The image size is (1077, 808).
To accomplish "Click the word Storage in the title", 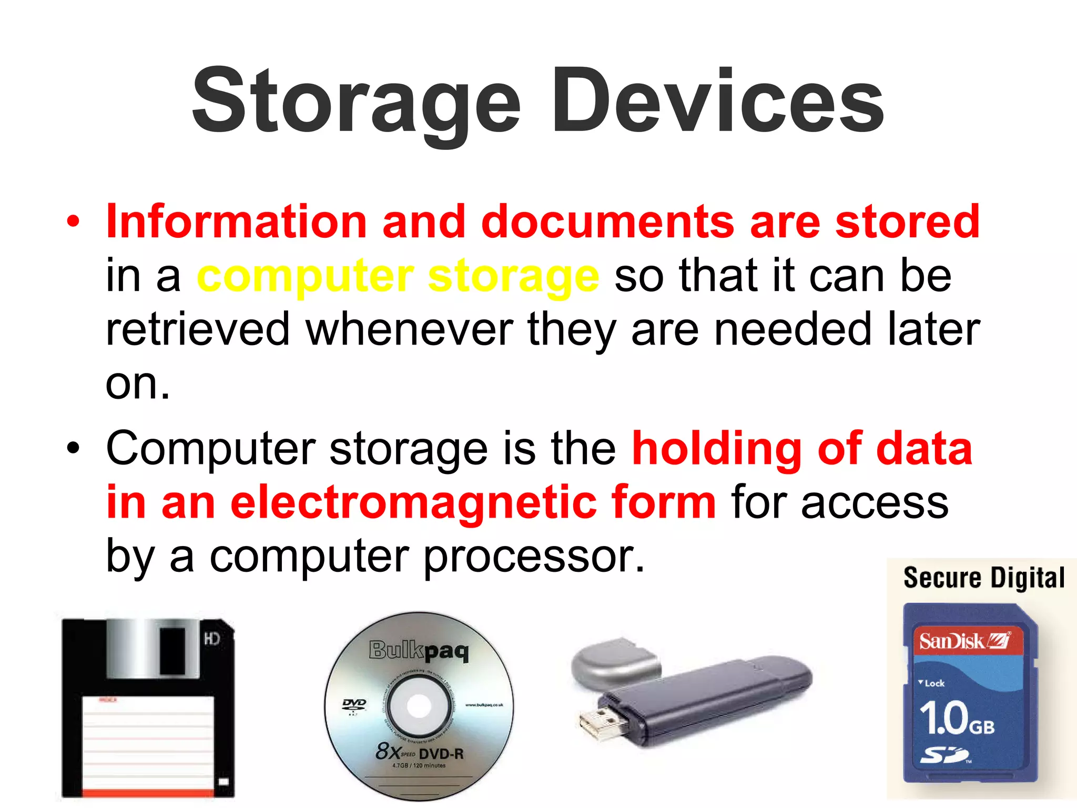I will point(357,103).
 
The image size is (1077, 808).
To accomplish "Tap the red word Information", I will point(236,221).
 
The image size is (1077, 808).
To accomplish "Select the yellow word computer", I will point(305,276).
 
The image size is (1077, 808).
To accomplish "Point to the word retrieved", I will point(198,329).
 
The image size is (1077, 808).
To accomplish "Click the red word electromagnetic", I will point(412,502).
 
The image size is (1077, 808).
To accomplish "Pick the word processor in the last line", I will point(533,557).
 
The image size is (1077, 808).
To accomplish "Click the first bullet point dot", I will point(73,221).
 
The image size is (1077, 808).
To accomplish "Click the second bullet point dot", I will point(73,449).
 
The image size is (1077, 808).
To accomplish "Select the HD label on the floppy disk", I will point(211,639).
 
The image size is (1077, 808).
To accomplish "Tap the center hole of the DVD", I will point(419,705).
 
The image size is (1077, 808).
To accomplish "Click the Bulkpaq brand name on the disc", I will point(419,651).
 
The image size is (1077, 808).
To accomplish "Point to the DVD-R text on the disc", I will point(442,754).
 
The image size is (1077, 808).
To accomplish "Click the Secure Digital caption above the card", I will point(984,578).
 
